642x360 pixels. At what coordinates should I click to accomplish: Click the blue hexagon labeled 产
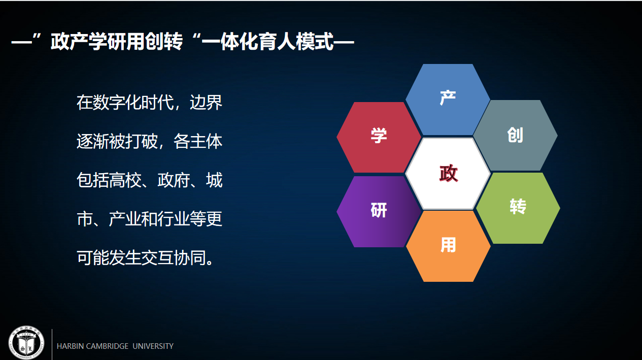click(x=448, y=99)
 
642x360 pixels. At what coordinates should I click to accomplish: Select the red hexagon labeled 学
click(x=379, y=137)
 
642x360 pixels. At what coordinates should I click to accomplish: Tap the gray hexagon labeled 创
click(x=515, y=135)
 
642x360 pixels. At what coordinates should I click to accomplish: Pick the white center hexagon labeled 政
click(x=448, y=174)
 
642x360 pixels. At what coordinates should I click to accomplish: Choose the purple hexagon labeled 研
click(x=379, y=211)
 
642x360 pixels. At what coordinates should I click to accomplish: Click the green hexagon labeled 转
click(x=518, y=208)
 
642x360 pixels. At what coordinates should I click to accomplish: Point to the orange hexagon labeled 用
click(x=448, y=246)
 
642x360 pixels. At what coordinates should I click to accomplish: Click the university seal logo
click(x=26, y=343)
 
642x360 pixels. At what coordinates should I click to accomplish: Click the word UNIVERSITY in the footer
click(x=153, y=346)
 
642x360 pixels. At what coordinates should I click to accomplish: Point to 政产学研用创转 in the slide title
click(x=117, y=42)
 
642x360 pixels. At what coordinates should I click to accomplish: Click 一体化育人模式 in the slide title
click(x=267, y=42)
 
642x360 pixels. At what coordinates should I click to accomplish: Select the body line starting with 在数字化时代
click(x=149, y=103)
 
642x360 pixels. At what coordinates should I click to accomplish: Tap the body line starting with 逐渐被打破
click(x=149, y=141)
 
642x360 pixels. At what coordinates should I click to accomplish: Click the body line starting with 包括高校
click(x=149, y=180)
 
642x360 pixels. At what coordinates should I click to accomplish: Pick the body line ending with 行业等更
click(x=149, y=219)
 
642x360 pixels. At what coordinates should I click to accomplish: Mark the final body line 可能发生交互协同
click(x=145, y=257)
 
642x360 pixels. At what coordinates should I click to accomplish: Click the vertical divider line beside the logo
click(x=52, y=344)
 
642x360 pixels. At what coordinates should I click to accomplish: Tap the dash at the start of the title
click(x=21, y=43)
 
